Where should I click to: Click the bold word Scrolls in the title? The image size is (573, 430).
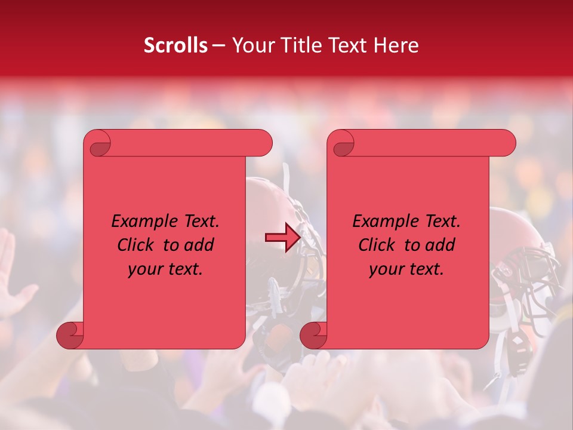tap(175, 45)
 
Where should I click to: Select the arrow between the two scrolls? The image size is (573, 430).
tap(283, 238)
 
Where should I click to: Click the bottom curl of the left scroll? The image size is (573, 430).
tap(70, 335)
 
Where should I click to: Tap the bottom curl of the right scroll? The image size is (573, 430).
tap(314, 335)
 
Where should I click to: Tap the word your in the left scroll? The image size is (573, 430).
tap(143, 270)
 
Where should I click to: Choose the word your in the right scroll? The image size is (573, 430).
tap(384, 270)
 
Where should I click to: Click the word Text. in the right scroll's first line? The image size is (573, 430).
tap(439, 222)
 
